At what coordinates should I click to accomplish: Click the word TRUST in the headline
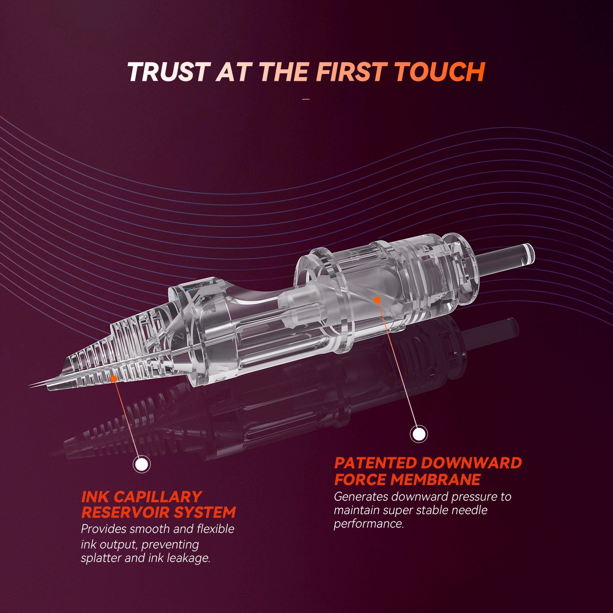169,72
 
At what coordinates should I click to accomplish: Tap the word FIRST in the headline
351,72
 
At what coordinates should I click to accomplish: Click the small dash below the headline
306,99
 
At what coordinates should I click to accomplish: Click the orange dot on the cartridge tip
113,379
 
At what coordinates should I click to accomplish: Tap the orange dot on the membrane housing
377,300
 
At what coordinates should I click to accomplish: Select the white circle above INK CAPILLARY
142,464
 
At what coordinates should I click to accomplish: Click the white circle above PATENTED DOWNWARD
418,434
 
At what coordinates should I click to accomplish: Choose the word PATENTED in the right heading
375,463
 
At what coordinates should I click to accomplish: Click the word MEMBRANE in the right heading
436,479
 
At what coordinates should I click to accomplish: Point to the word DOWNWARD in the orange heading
471,463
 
